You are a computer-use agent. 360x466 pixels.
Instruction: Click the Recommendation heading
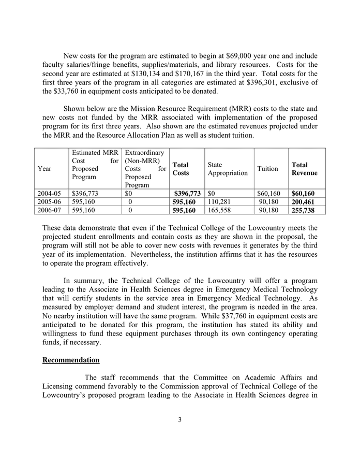coord(71,360)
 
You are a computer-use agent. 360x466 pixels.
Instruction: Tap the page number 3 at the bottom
coord(179,419)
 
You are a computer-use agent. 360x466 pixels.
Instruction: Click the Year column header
coord(45,169)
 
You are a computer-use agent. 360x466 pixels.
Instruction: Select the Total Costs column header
coord(181,169)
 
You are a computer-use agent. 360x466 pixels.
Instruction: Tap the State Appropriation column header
coord(228,169)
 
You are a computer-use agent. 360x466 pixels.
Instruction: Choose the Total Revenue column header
coord(305,169)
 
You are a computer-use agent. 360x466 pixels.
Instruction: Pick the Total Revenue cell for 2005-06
coord(303,202)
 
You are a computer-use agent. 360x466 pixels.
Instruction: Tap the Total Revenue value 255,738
coord(303,210)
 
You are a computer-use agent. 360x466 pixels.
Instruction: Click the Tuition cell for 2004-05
coord(269,194)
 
